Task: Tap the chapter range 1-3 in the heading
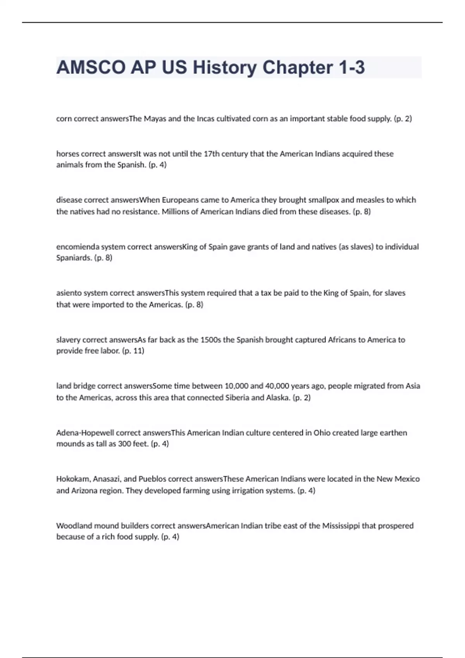(351, 68)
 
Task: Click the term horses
(67, 154)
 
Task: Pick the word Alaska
(278, 398)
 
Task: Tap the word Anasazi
(107, 479)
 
